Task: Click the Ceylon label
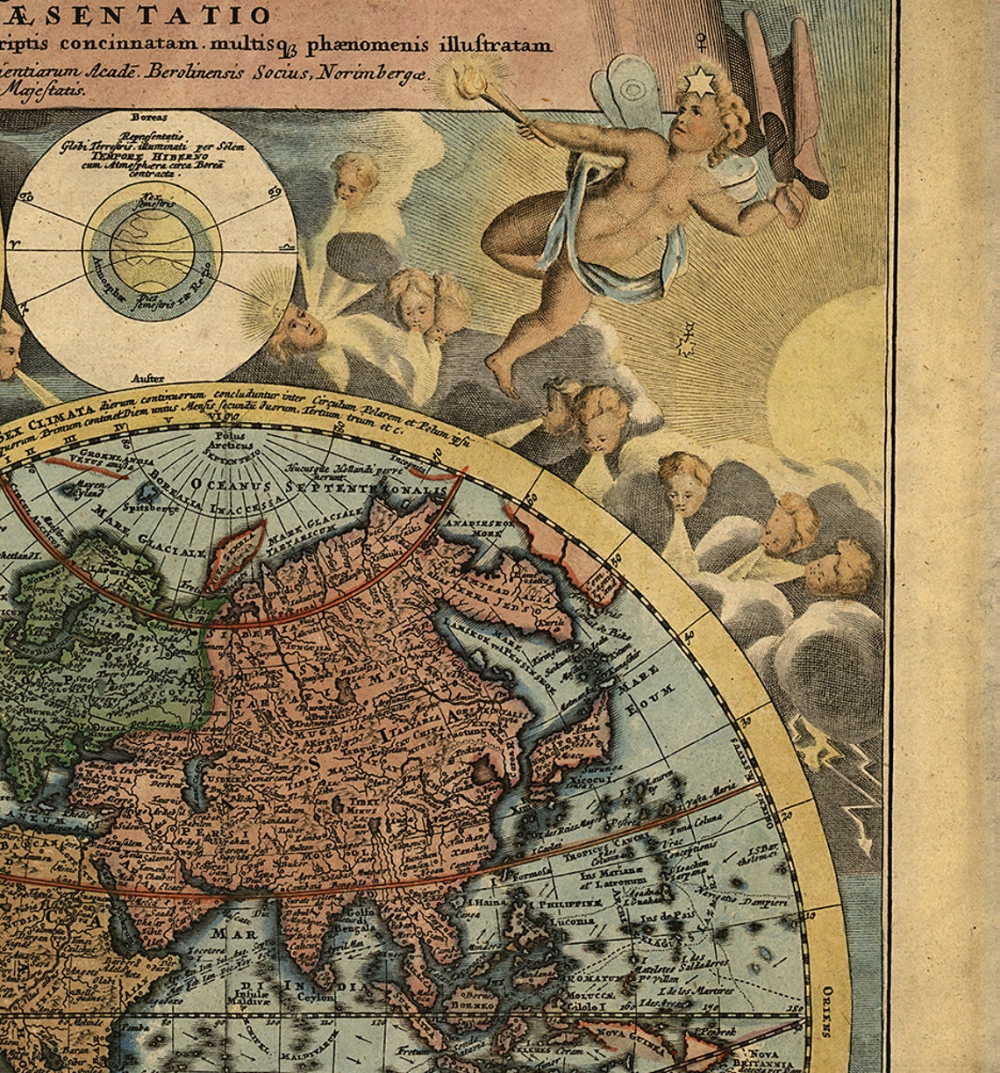(317, 997)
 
